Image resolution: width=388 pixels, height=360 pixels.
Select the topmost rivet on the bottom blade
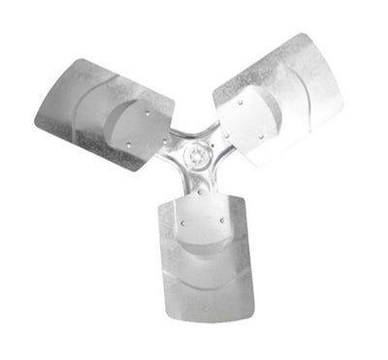[x=201, y=193]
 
